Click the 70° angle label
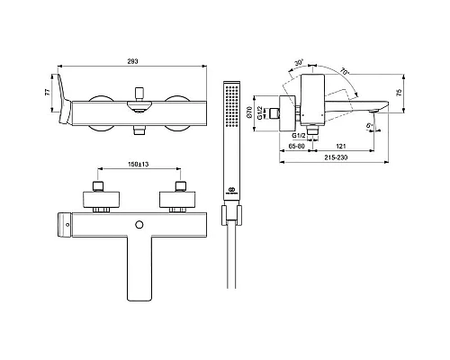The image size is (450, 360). pos(345,67)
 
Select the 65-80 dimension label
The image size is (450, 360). pos(293,143)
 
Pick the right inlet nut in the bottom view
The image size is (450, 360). pos(180,190)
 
